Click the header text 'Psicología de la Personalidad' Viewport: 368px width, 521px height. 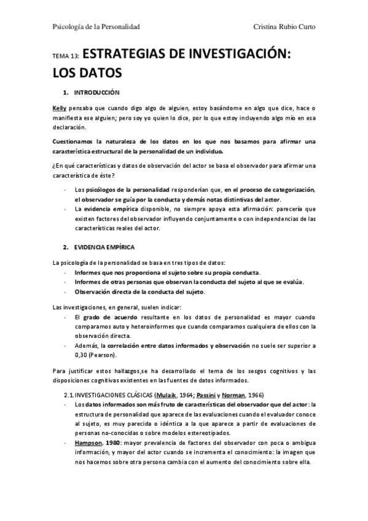[96, 26]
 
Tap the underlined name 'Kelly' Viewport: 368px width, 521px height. [60, 108]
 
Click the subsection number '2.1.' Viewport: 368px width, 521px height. [69, 394]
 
